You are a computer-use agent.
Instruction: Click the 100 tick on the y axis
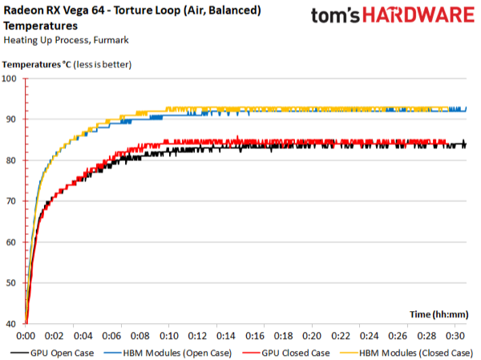click(11, 79)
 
